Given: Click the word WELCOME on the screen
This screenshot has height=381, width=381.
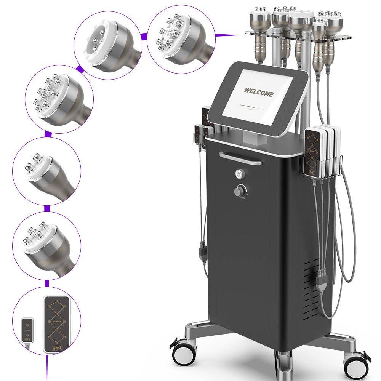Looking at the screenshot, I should point(259,92).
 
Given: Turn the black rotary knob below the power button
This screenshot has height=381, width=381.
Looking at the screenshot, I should point(239,190).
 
